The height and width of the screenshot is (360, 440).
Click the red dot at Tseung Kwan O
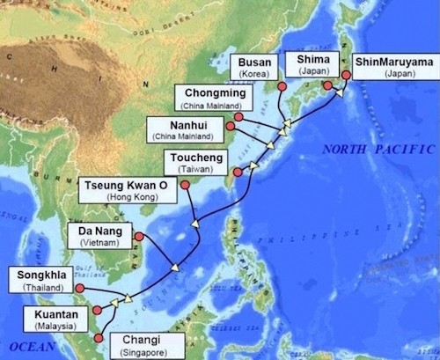coord(185,184)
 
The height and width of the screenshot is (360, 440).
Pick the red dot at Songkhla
coord(79,288)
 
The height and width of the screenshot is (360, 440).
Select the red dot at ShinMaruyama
coord(346,75)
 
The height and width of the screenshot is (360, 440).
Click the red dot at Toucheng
coord(237,172)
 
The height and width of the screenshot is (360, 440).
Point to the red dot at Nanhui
coord(231,127)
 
